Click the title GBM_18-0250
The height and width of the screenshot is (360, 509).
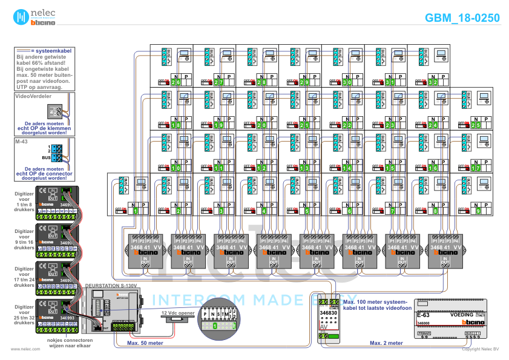(x=462, y=18)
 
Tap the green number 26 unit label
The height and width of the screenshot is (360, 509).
(x=176, y=82)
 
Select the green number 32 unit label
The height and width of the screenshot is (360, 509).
(x=433, y=82)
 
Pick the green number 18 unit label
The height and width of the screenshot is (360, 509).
(x=176, y=125)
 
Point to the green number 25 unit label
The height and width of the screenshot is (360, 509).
(x=476, y=125)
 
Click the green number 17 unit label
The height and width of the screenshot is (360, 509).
(x=476, y=168)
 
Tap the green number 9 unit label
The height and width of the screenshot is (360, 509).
(x=478, y=211)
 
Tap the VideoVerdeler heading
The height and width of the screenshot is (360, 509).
(x=33, y=96)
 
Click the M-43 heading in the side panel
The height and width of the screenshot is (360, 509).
(x=22, y=140)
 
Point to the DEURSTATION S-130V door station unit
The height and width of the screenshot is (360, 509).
(x=113, y=309)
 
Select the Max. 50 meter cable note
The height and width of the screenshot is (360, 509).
(x=145, y=343)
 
